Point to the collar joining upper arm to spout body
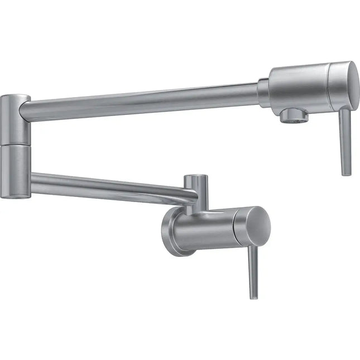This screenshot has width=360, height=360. (x=263, y=93)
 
